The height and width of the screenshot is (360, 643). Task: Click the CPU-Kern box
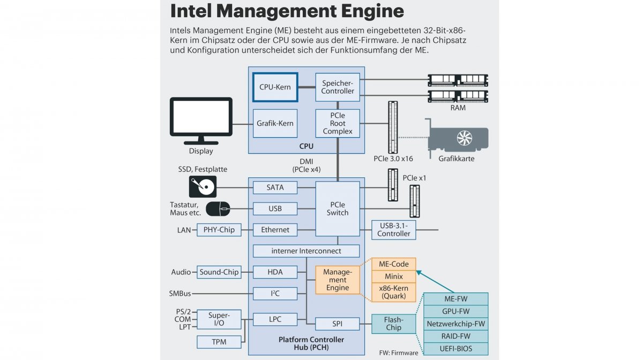[x=275, y=87]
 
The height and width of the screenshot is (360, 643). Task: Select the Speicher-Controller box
[x=338, y=87]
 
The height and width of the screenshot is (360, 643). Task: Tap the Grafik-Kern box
[x=275, y=123]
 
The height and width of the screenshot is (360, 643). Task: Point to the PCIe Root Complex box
[x=338, y=123]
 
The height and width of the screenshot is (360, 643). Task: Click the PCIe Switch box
[x=338, y=208]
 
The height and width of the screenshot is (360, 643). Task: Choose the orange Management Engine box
[x=337, y=280]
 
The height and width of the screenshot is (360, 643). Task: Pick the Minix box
[x=394, y=277]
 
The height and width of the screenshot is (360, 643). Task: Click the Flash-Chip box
[x=394, y=324]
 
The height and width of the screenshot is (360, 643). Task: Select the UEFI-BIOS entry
[x=457, y=348]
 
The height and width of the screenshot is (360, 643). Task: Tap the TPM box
[x=219, y=341]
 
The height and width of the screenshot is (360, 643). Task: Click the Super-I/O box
[x=219, y=319]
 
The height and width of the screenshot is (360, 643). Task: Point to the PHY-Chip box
[x=219, y=230]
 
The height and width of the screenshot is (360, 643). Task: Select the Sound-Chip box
[x=219, y=272]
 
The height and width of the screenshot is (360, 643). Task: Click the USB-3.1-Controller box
[x=394, y=229]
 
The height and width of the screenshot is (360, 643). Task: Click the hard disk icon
[x=203, y=187]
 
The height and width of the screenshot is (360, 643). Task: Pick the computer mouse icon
[x=218, y=208]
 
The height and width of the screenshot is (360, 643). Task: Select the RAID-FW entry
[x=457, y=336]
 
